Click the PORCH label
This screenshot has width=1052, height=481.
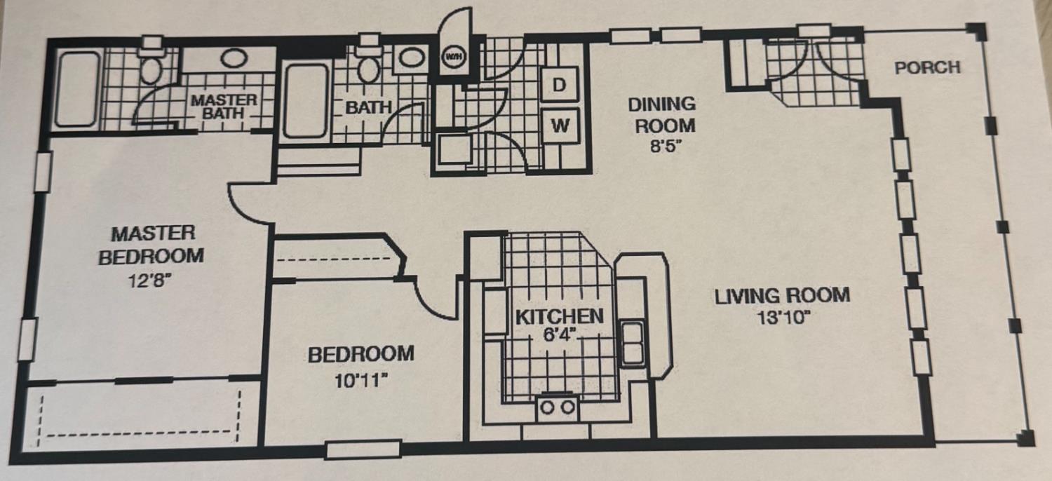(928, 67)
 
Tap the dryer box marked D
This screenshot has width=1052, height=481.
(559, 85)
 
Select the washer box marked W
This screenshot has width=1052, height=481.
(560, 126)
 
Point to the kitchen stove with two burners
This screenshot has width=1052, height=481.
(558, 407)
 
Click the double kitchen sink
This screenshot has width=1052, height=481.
(633, 344)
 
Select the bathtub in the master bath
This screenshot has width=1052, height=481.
(77, 89)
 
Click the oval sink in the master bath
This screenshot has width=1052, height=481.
(234, 58)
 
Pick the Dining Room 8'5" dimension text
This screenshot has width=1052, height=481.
(666, 147)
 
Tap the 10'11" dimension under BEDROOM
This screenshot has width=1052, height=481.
(360, 380)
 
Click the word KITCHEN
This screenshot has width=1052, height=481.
(560, 317)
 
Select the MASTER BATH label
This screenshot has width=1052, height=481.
(224, 107)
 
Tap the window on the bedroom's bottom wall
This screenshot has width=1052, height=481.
(363, 449)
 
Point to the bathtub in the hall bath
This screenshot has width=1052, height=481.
(306, 100)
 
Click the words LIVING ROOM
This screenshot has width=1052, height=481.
(783, 296)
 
